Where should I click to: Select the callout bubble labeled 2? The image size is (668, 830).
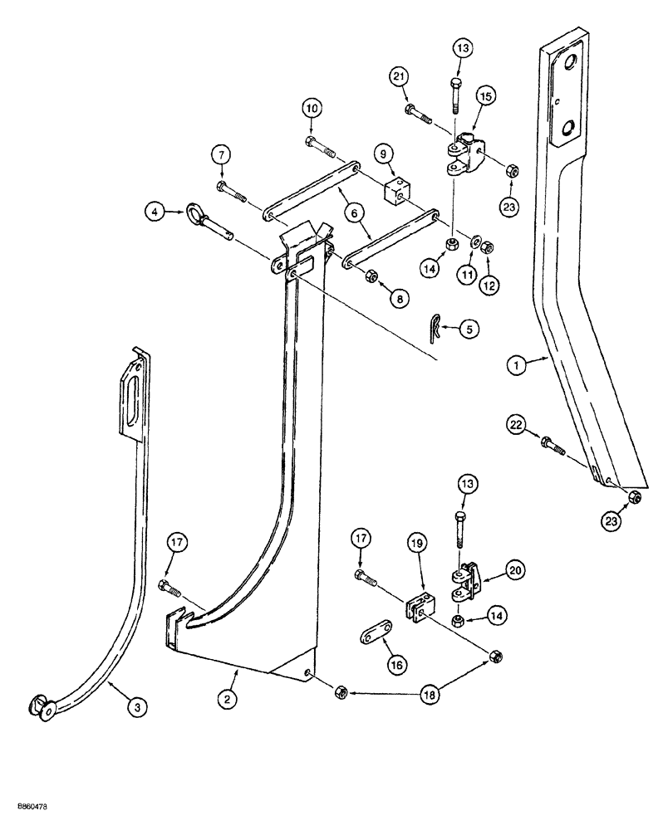pos(227,701)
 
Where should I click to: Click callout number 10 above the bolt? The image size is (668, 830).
pos(310,110)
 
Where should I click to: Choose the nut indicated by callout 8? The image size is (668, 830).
pos(371,276)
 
